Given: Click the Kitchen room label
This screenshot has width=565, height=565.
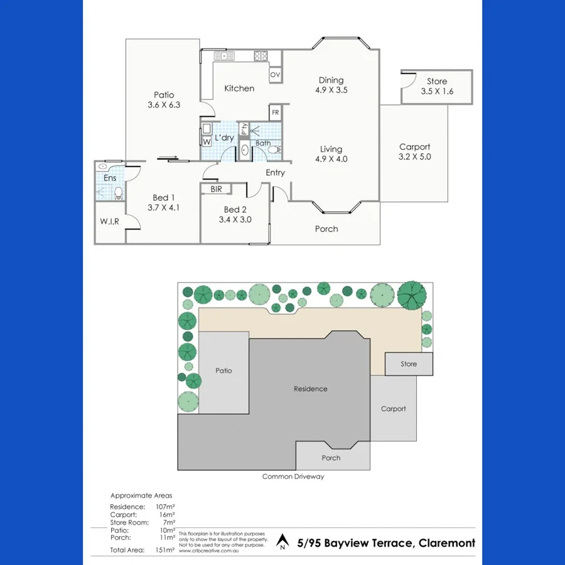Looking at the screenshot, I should [x=239, y=89].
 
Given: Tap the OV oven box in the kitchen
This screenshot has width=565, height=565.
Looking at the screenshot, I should [x=275, y=75].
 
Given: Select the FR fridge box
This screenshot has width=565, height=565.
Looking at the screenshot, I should [x=275, y=113].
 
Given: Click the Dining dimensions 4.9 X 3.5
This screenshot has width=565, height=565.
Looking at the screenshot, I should [x=331, y=90].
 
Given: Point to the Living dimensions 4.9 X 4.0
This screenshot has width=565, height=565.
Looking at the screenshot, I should [x=331, y=159].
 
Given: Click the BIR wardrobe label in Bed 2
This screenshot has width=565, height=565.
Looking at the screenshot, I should [x=216, y=188].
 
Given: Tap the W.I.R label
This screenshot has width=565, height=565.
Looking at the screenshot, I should [x=110, y=222].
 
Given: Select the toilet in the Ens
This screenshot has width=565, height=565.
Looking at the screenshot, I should [x=118, y=193].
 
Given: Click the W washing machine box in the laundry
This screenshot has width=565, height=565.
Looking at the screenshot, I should [x=207, y=141].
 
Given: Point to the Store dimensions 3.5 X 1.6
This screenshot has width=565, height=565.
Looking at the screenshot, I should [x=437, y=92].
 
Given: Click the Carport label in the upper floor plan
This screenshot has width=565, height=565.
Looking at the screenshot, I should [x=414, y=147].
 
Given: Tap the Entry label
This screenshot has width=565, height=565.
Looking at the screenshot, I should [x=275, y=173].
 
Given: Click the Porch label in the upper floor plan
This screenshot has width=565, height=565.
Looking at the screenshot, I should [x=326, y=229].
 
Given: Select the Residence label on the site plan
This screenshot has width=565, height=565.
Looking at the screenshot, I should [x=310, y=389].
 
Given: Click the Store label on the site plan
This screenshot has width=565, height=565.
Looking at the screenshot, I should [x=409, y=364].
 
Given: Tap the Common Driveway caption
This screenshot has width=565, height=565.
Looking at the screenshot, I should [x=293, y=476].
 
